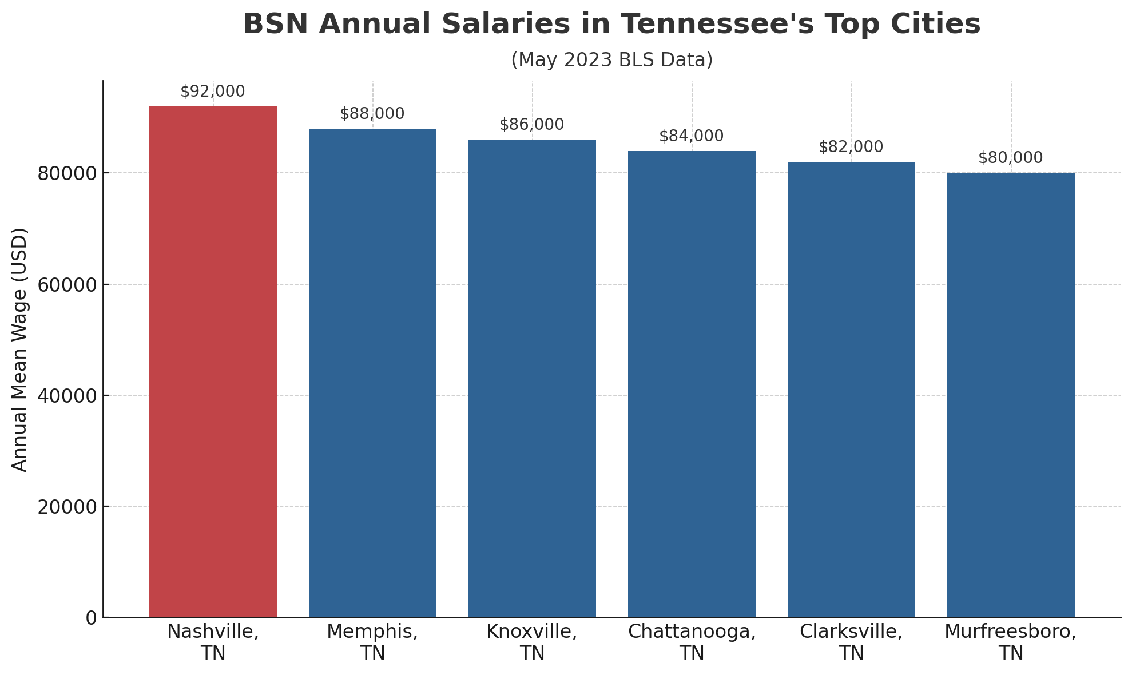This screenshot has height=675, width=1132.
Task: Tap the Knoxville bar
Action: click(x=532, y=378)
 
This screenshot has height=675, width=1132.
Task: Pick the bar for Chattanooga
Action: click(x=692, y=384)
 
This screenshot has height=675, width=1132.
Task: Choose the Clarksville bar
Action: click(x=851, y=390)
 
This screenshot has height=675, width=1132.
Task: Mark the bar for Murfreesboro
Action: click(x=1011, y=395)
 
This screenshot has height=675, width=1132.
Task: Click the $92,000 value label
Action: click(x=213, y=92)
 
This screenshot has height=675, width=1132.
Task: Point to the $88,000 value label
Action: click(x=372, y=114)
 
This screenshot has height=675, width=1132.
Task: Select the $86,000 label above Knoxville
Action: click(x=532, y=125)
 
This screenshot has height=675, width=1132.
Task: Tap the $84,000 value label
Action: click(x=692, y=136)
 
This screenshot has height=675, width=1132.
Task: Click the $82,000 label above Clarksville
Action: click(x=851, y=147)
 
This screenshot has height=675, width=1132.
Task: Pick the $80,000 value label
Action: click(x=1011, y=158)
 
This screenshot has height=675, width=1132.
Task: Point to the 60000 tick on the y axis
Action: click(x=67, y=284)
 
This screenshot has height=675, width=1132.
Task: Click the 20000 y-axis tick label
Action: click(x=67, y=506)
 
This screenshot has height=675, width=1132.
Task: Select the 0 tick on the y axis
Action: click(x=91, y=618)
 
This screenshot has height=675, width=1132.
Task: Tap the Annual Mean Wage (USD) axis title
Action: click(x=20, y=350)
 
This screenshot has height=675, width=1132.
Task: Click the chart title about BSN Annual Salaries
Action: click(x=611, y=25)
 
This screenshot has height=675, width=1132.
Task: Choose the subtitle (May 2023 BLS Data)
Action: click(x=611, y=60)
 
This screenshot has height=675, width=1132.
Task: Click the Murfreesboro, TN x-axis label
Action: click(x=1011, y=642)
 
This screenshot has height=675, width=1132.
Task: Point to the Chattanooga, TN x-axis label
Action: click(x=692, y=642)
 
